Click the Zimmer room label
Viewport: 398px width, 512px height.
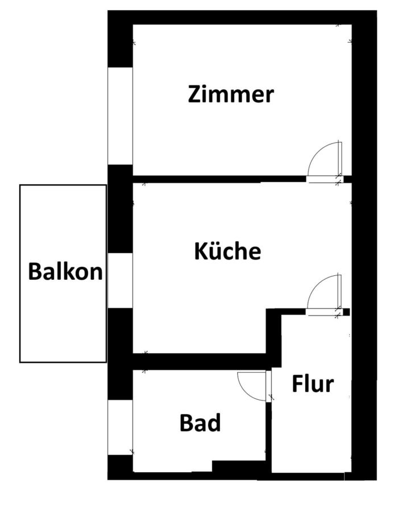231,94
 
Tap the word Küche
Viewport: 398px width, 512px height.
227,251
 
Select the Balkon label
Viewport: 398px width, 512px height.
65,272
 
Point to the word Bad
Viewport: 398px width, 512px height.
200,423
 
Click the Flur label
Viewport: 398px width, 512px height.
312,385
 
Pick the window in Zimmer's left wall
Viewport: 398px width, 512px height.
120,116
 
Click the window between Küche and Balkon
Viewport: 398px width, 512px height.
120,281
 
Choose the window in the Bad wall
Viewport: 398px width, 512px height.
120,427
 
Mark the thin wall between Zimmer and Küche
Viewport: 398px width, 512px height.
219,179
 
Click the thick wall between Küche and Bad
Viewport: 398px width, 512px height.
199,361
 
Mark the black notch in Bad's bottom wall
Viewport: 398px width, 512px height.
239,466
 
